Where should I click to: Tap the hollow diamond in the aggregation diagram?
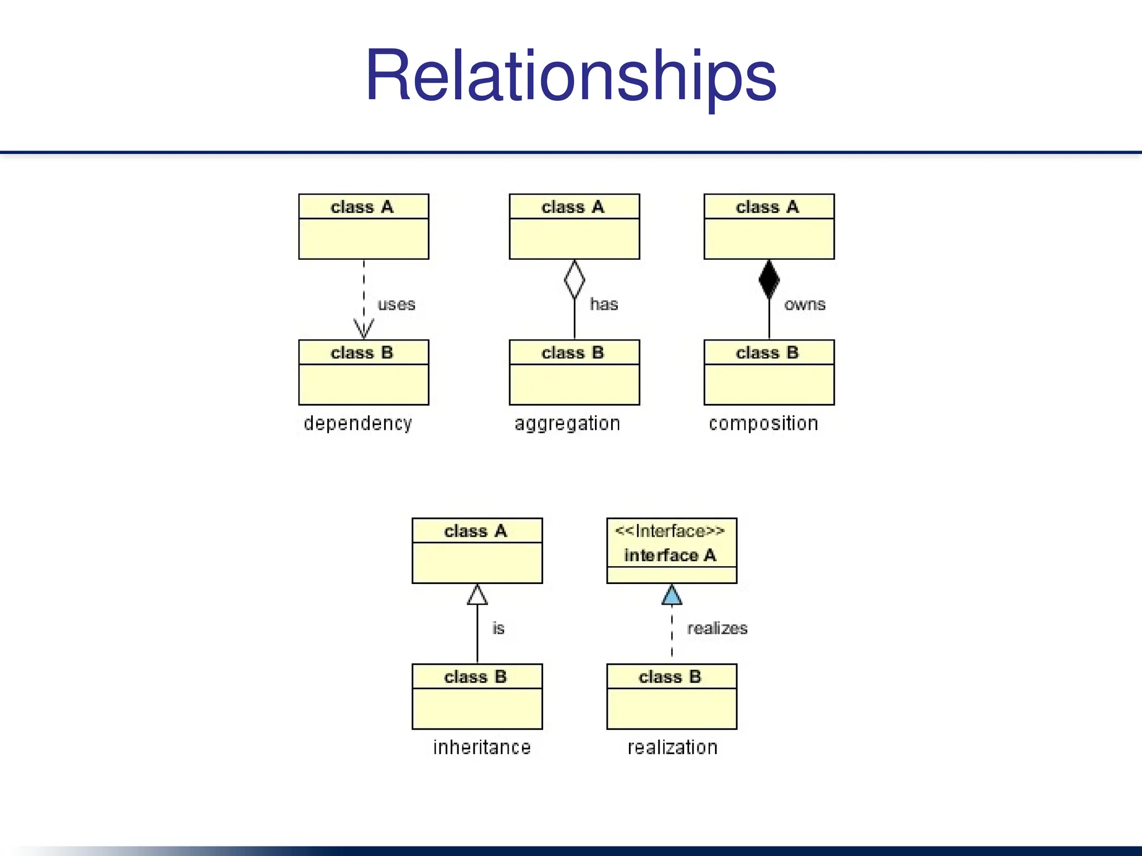coord(574,279)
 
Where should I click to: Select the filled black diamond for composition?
coord(769,279)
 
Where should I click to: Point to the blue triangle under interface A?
coord(672,595)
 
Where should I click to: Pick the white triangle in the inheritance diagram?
coord(477,595)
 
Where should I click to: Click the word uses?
coord(396,304)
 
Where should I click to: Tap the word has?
coord(604,304)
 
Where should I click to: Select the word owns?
coord(805,304)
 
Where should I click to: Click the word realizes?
coord(717,629)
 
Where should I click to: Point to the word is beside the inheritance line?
coord(499,629)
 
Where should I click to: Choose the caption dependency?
coord(358,424)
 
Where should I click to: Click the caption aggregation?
coord(567,424)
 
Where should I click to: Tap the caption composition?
coord(763,424)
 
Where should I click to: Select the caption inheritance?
coord(482,747)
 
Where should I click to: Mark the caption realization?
coord(672,747)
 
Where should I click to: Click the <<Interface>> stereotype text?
coord(670,531)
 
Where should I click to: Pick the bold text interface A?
coord(670,555)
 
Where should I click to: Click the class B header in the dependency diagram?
coord(362,353)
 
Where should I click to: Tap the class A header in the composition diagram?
coord(768,207)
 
